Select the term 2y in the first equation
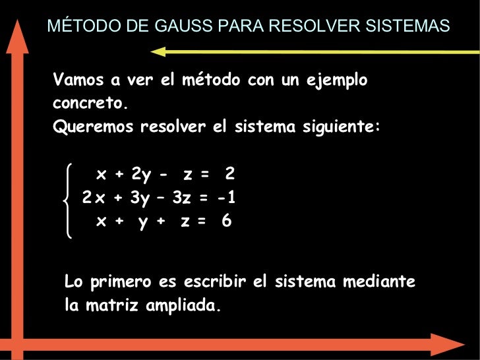140,175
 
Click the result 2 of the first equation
229,175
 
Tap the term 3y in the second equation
139,198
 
